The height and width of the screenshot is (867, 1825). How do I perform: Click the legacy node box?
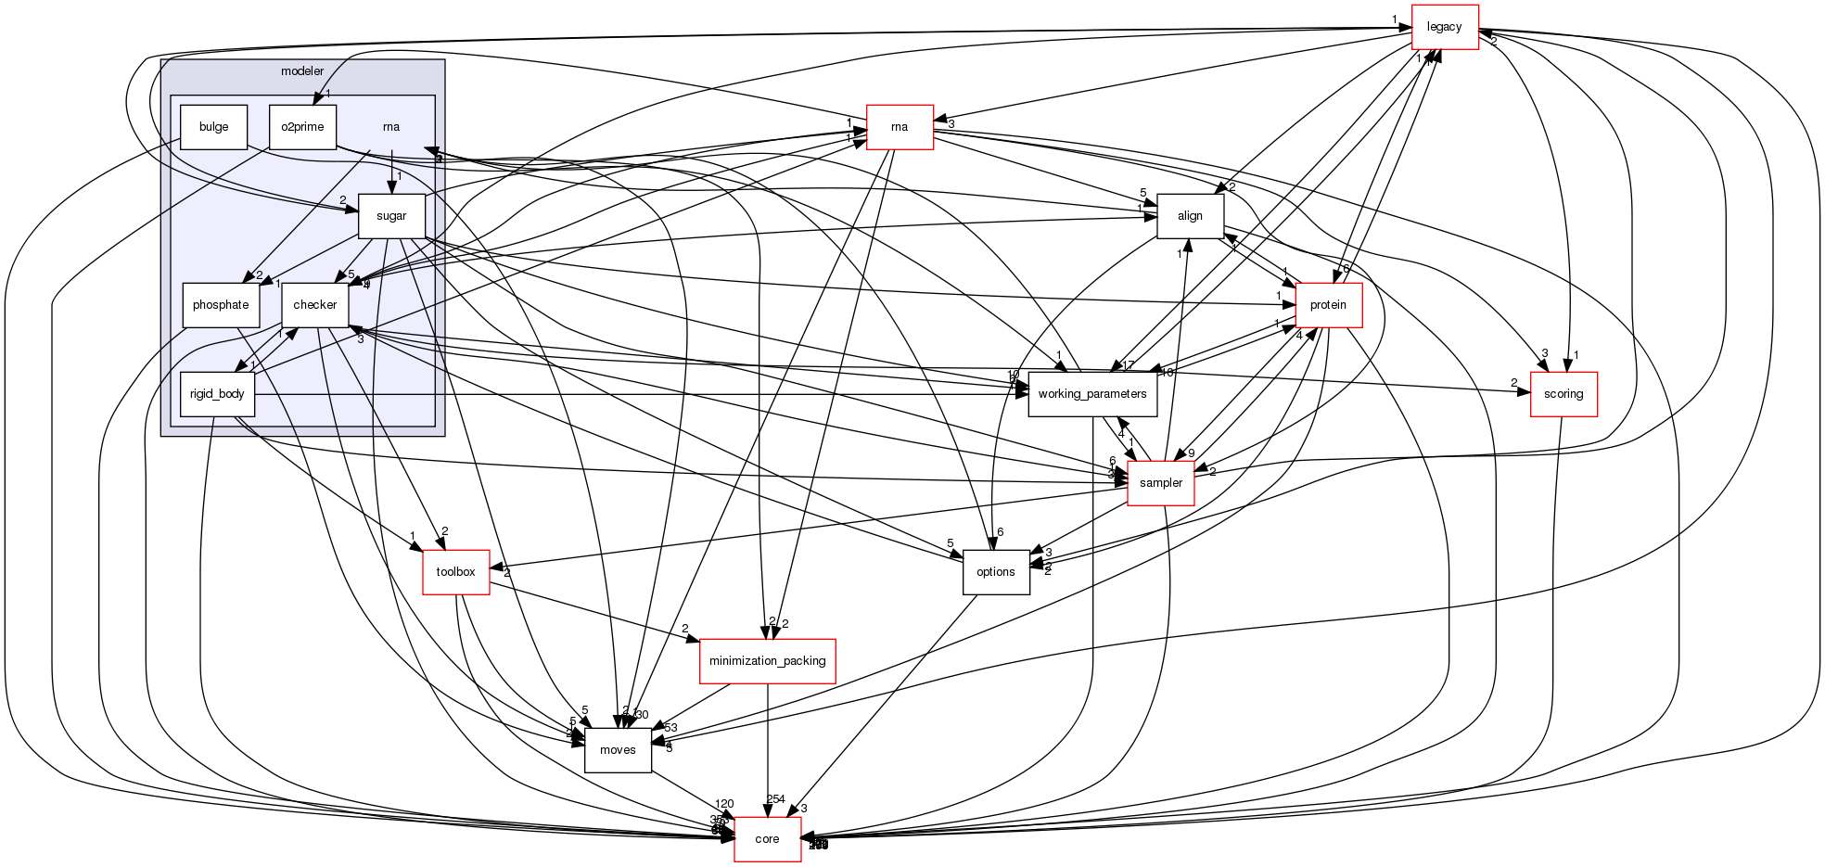click(1444, 27)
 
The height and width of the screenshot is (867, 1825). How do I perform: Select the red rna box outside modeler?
click(899, 127)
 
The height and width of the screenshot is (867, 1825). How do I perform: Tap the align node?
click(1190, 216)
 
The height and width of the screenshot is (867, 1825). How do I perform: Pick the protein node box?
click(1328, 305)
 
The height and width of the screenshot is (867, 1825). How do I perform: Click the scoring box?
click(1563, 394)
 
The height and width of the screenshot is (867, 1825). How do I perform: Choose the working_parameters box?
click(1092, 394)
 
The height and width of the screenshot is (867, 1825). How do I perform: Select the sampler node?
click(1160, 483)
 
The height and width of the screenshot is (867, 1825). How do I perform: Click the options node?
click(996, 572)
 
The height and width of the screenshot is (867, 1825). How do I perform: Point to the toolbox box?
click(455, 572)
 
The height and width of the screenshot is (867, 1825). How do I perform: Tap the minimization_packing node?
click(767, 661)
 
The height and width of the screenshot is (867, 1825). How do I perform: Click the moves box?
click(618, 750)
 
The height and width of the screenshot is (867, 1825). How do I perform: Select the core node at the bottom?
click(767, 839)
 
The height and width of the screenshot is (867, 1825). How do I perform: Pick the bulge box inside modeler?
click(213, 127)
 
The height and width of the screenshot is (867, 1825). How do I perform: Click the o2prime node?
click(302, 127)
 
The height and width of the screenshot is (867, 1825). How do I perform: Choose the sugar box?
click(391, 216)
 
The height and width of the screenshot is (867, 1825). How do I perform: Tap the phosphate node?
click(221, 305)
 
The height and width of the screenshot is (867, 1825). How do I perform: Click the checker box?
click(314, 305)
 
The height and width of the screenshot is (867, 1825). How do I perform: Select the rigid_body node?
click(217, 394)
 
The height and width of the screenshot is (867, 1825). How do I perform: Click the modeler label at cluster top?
click(302, 71)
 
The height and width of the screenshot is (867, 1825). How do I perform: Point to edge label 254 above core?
click(775, 799)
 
